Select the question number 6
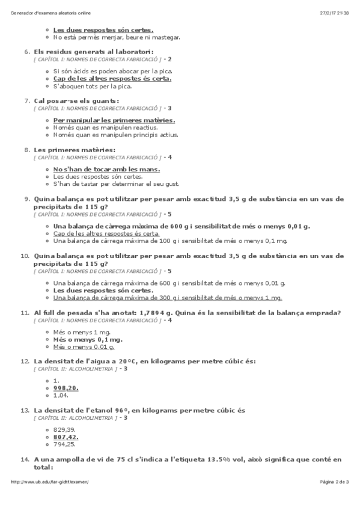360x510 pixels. pyautogui.click(x=26, y=51)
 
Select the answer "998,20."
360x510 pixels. pyautogui.click(x=66, y=388)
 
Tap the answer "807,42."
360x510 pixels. pyautogui.click(x=66, y=437)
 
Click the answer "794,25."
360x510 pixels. pyautogui.click(x=64, y=444)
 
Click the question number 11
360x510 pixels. pyautogui.click(x=25, y=312)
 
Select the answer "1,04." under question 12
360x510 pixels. pyautogui.click(x=61, y=395)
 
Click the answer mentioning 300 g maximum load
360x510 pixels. pyautogui.click(x=167, y=297)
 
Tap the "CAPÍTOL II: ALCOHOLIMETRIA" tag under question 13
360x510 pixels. pyautogui.click(x=75, y=417)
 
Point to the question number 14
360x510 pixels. pyautogui.click(x=25, y=459)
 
